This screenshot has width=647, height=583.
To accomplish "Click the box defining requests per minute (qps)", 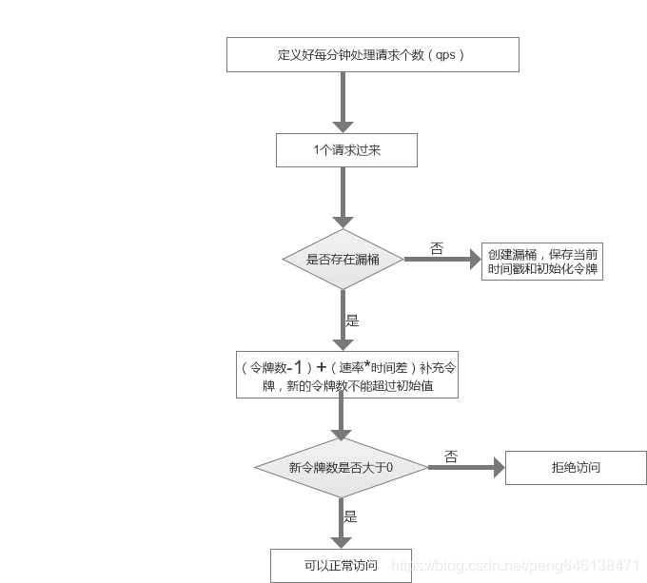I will tap(372, 54).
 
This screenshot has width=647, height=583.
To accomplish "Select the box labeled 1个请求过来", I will tap(346, 150).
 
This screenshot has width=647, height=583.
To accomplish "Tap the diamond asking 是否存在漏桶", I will tap(343, 259).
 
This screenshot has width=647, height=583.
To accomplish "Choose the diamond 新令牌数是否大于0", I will tap(341, 467).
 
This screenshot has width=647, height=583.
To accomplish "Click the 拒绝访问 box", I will tap(576, 467).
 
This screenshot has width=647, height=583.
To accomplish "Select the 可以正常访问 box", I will tap(341, 565).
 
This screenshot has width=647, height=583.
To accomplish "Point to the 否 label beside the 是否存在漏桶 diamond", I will tap(437, 248).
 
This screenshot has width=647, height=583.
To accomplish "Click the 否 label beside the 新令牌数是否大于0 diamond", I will tap(451, 457).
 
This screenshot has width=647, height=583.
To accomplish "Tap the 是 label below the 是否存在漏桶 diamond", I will tap(352, 321).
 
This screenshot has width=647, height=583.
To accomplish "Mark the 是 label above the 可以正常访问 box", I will tap(350, 516).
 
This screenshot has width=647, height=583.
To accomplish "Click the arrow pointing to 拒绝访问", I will tap(465, 467).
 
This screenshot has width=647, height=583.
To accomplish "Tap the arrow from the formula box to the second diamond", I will tap(342, 418).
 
